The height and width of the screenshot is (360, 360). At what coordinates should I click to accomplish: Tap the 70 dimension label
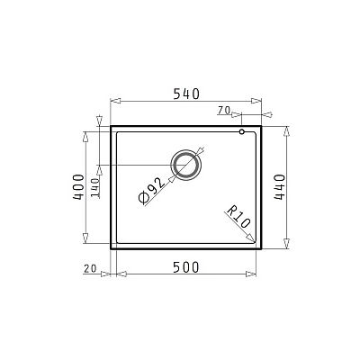pos(224,110)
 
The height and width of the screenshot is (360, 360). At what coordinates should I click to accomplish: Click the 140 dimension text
pos(94,187)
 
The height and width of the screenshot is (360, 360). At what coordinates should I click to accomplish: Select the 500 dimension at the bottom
pos(184,267)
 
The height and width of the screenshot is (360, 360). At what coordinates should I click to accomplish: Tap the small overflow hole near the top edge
pos(242,133)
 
